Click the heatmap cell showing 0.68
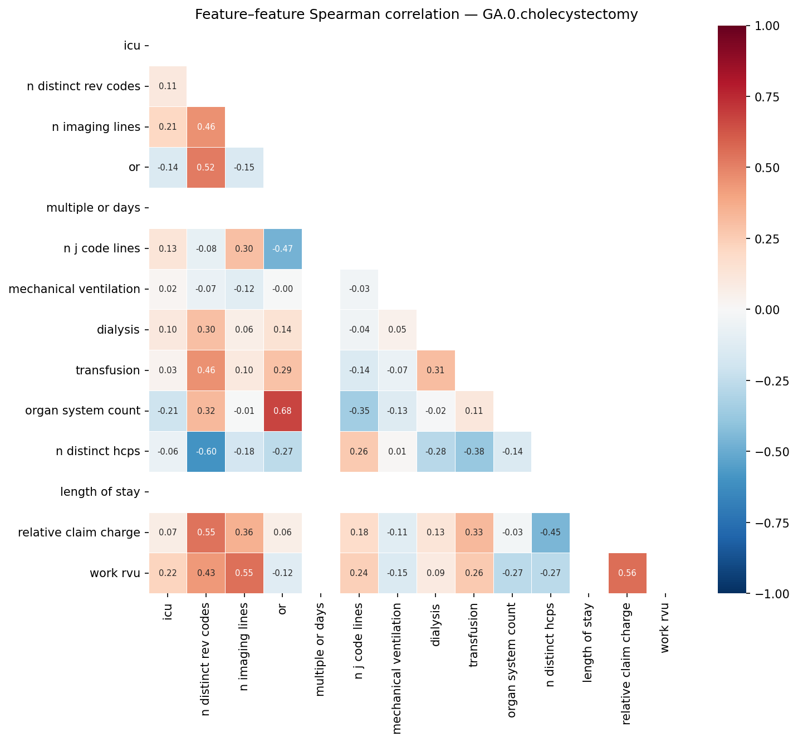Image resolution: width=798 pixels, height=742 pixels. [282, 411]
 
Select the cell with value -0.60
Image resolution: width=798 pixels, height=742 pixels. [206, 452]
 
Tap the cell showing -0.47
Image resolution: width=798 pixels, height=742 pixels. [282, 249]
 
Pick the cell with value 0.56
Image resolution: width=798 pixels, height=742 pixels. [627, 573]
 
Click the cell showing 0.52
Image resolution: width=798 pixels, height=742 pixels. [206, 168]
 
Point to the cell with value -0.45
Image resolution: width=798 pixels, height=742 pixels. [550, 533]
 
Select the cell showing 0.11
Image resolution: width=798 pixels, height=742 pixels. [168, 86]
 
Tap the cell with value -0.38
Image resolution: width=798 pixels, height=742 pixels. [474, 452]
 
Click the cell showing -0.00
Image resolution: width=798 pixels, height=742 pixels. [282, 289]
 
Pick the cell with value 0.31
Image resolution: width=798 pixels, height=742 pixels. [435, 370]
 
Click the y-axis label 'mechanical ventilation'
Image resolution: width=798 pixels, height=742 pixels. [74, 289]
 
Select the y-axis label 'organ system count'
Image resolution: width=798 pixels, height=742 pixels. [82, 411]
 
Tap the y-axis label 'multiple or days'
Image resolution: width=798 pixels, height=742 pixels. [93, 208]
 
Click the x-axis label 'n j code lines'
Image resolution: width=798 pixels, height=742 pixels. [359, 641]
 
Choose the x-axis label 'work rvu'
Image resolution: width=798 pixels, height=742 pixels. [665, 628]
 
